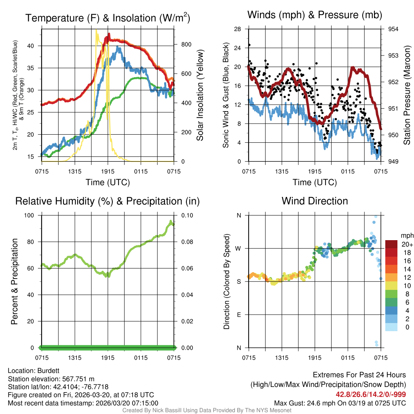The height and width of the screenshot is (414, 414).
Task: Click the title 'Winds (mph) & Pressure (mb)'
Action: tap(315, 15)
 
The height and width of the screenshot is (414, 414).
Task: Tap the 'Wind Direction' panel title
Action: tap(315, 201)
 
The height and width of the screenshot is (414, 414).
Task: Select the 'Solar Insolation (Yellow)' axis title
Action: tap(200, 95)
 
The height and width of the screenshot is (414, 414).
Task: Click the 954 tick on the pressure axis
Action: tap(393, 29)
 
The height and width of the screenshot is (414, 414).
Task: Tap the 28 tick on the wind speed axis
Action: tap(238, 29)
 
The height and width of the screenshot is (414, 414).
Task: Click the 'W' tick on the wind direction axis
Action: tap(239, 248)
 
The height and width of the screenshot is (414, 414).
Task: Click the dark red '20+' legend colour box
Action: tap(391, 244)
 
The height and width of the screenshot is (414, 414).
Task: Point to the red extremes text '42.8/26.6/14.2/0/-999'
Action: tap(371, 394)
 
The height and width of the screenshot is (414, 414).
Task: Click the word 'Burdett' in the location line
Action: tap(50, 371)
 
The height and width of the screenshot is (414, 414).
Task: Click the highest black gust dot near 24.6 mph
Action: tap(249, 45)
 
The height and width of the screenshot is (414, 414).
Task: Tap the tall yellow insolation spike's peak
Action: tap(96, 30)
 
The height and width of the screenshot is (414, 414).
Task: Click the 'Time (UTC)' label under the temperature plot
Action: tap(108, 182)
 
